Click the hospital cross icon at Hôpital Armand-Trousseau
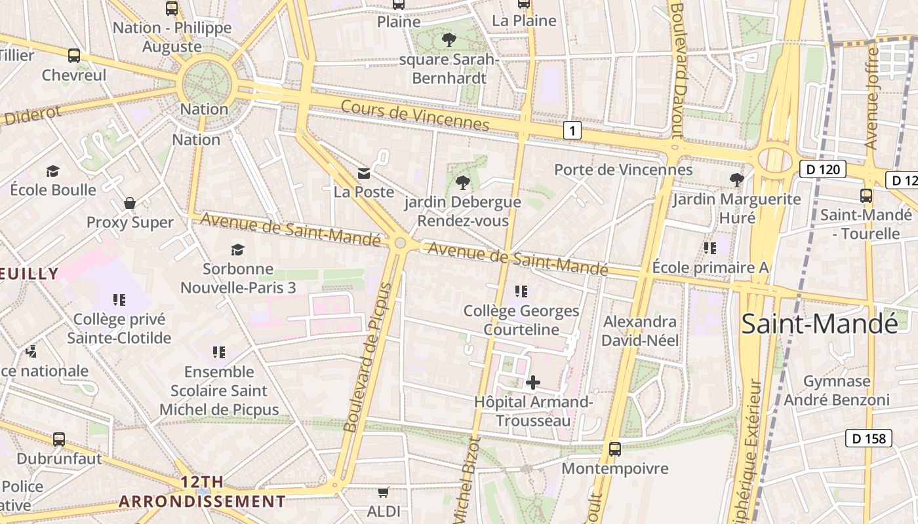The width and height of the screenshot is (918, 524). [533, 382]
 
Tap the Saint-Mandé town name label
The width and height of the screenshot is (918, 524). [819, 324]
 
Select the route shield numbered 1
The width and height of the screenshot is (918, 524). [572, 130]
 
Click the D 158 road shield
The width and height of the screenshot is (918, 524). [869, 438]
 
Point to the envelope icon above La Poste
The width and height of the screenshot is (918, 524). [364, 173]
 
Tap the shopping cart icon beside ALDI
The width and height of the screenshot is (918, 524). [384, 491]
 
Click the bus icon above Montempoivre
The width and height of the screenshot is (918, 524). [614, 449]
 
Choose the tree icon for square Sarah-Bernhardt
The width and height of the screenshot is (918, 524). [449, 40]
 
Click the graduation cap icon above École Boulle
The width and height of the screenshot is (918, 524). [53, 171]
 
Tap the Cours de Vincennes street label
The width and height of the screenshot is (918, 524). [415, 115]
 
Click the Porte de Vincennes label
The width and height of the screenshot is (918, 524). [623, 170]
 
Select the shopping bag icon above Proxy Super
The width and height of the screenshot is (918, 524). [130, 203]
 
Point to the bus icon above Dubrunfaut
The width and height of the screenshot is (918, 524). [59, 439]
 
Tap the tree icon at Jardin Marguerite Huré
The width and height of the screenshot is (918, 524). [736, 179]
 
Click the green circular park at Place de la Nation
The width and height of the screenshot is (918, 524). [207, 81]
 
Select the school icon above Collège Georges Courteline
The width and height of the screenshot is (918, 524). [521, 291]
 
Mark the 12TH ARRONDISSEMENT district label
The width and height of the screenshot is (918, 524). [202, 492]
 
